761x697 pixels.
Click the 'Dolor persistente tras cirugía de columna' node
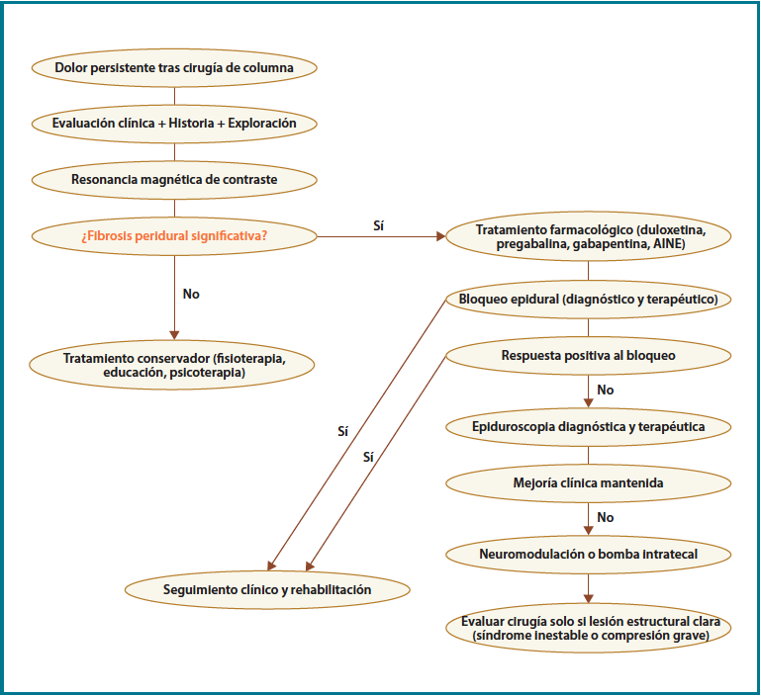(x=174, y=69)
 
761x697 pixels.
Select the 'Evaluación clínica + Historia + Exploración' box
(x=174, y=125)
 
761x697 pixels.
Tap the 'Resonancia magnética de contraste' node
(x=174, y=180)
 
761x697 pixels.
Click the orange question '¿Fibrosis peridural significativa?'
(x=174, y=236)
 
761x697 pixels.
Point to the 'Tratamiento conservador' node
(x=174, y=365)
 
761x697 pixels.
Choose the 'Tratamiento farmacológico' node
(x=589, y=237)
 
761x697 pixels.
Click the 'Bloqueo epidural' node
(x=589, y=299)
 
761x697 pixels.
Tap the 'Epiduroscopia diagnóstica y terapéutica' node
(x=589, y=427)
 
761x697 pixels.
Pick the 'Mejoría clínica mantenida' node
(x=589, y=483)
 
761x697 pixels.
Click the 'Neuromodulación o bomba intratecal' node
(x=589, y=554)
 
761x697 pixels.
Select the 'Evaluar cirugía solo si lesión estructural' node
(x=589, y=629)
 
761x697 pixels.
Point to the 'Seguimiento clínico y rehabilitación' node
(x=267, y=589)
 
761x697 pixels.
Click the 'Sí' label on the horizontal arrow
(x=379, y=225)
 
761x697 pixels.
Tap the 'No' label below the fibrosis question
(x=192, y=294)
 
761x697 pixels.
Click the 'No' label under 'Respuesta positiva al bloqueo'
(x=606, y=390)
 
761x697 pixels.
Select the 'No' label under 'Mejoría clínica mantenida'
(x=606, y=517)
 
